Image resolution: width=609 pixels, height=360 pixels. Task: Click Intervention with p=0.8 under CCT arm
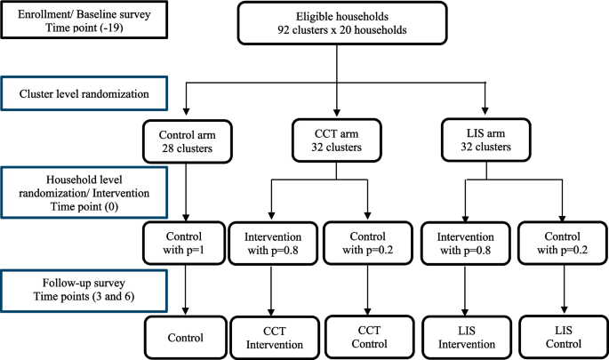272,244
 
